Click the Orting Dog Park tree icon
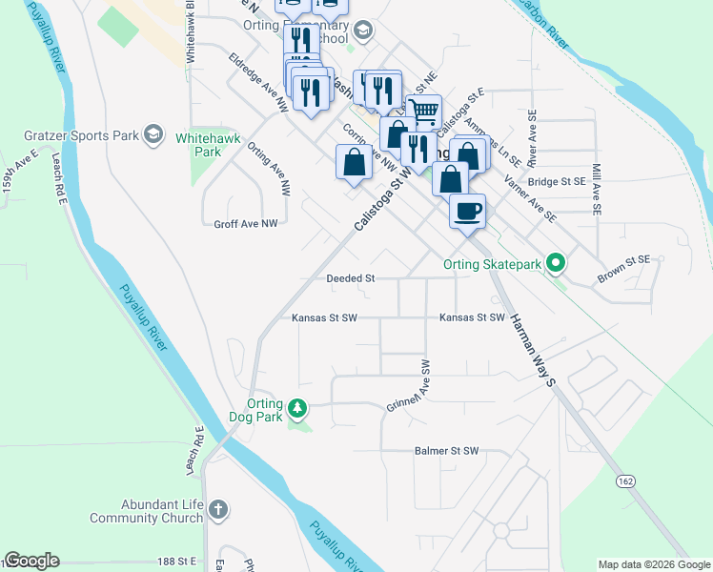tap(298, 409)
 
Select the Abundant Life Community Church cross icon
tap(217, 509)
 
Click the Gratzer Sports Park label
tap(83, 135)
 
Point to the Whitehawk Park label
tap(198, 145)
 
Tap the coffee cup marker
tap(467, 212)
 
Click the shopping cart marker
tap(423, 111)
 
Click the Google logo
tap(32, 561)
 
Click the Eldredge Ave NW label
tap(258, 83)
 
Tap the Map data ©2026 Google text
tap(654, 564)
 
